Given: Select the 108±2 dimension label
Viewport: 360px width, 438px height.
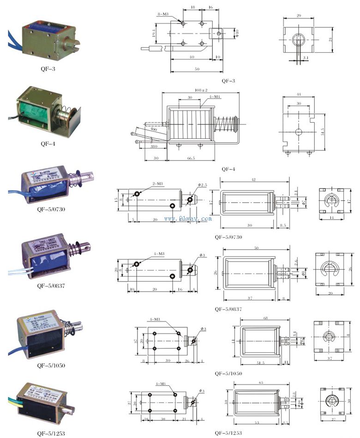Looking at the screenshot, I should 201,90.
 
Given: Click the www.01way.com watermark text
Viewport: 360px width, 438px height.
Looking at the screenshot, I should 187,219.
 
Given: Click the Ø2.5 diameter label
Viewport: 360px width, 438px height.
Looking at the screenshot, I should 204,185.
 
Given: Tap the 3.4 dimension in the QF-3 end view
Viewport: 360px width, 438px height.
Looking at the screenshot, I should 306,58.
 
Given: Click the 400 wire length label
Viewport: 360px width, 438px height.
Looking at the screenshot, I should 152,131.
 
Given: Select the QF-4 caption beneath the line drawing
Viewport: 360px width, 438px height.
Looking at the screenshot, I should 228,169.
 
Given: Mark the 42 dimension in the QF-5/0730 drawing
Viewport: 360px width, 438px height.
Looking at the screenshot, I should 254,179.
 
